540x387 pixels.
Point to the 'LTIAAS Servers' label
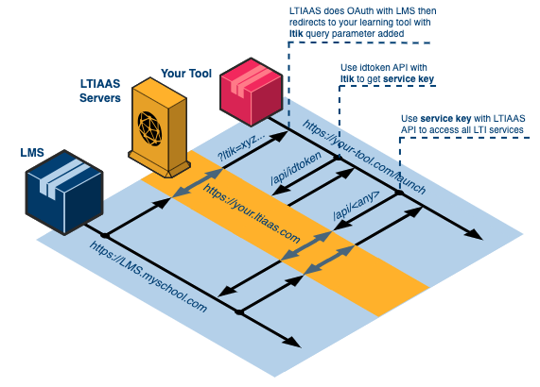coord(100,93)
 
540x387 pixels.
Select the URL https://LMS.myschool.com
coord(148,277)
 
